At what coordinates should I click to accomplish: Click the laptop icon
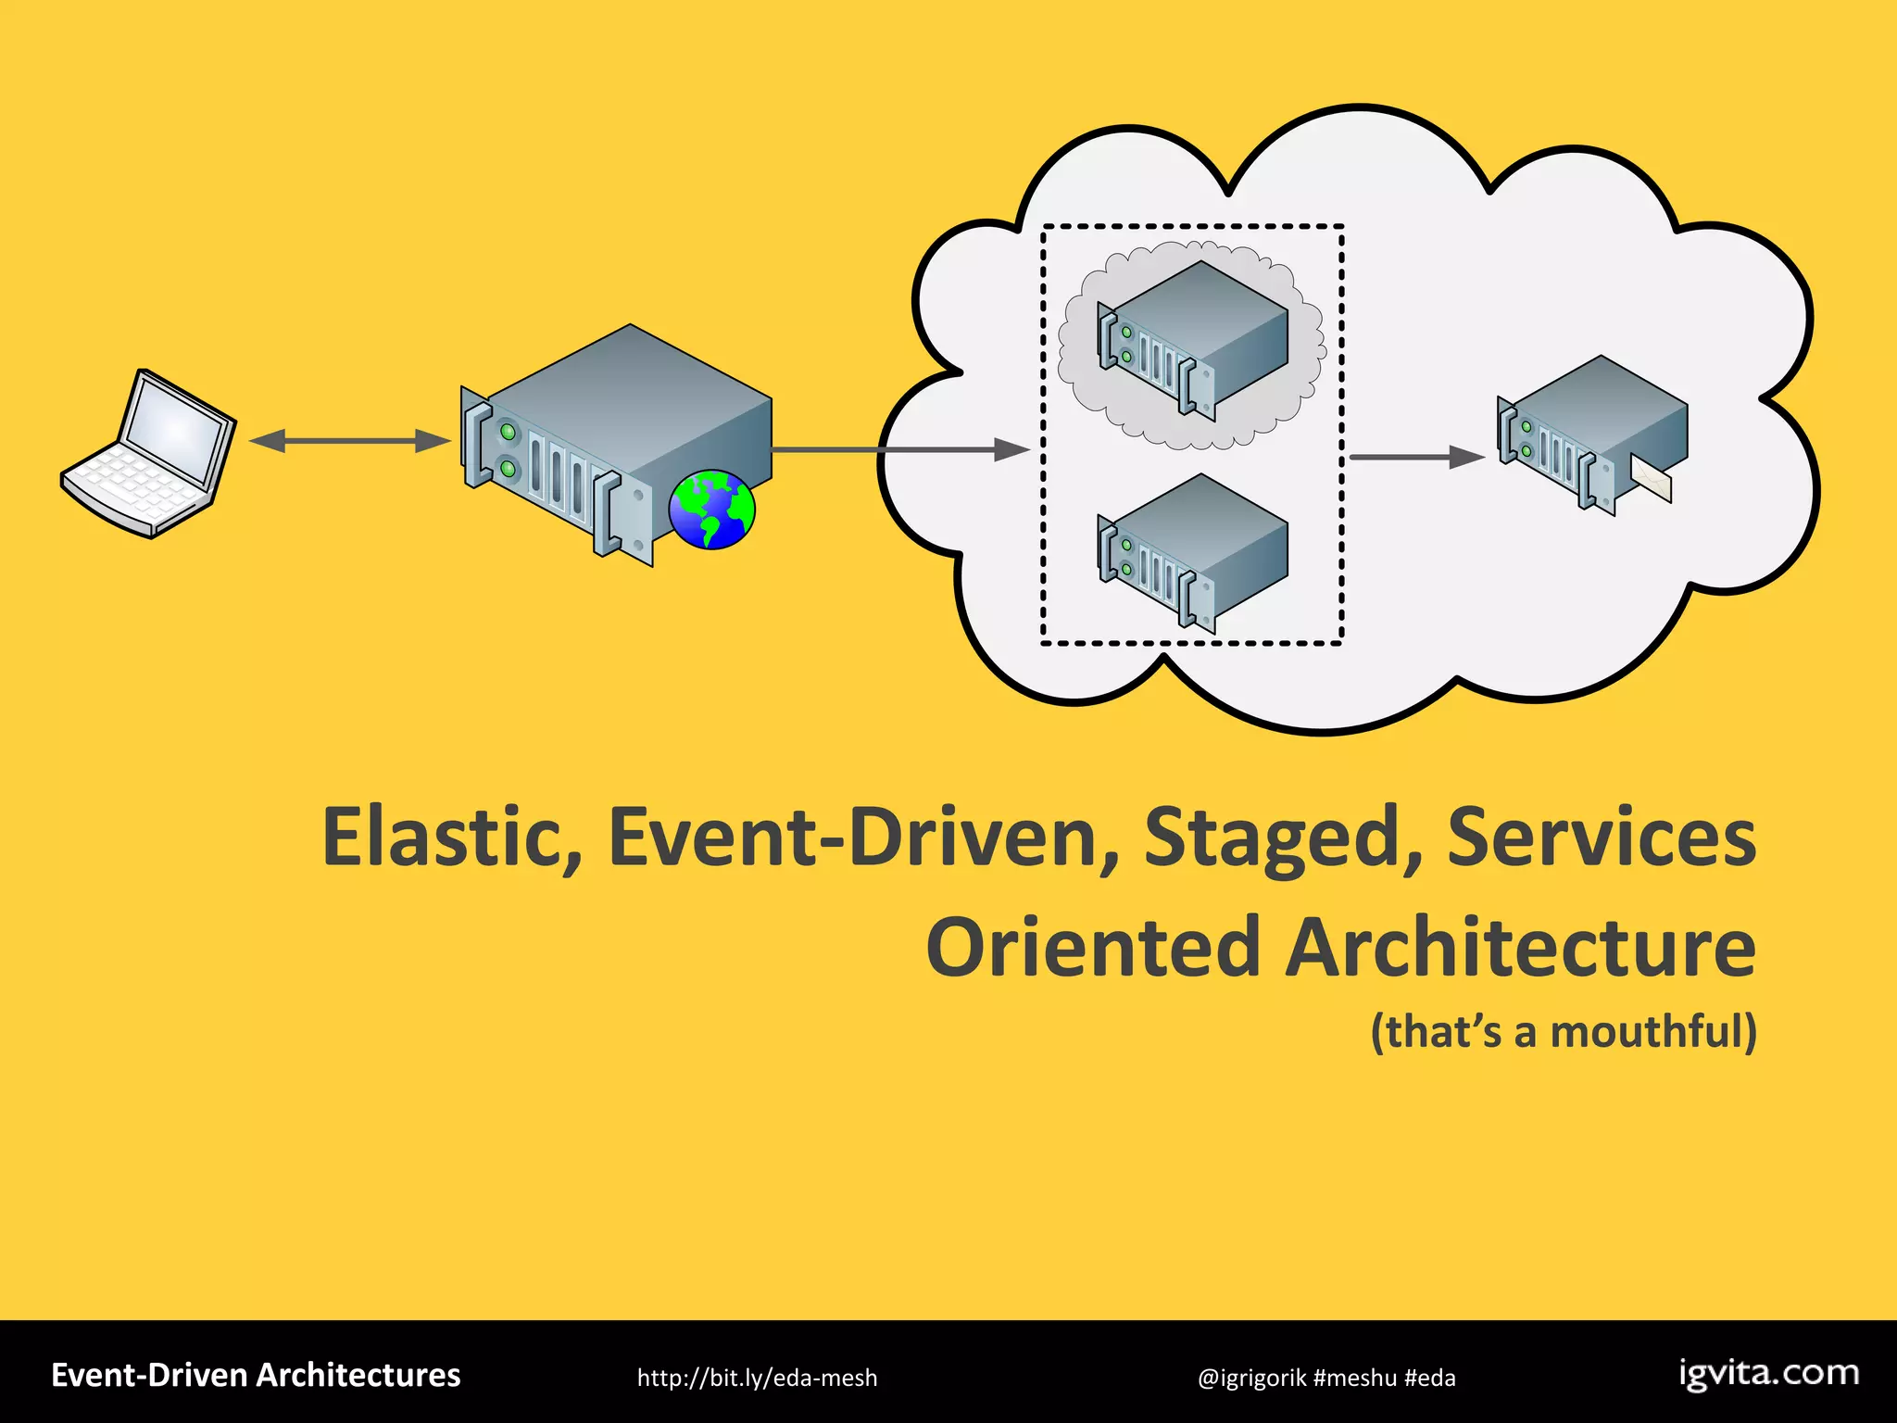[x=148, y=454]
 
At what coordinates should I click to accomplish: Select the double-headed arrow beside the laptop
[x=349, y=441]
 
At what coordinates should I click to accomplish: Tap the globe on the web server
[x=711, y=510]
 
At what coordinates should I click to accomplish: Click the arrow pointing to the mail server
[x=1417, y=457]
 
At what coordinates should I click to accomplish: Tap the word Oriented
[x=1093, y=947]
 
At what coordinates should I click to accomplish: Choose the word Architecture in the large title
[x=1519, y=947]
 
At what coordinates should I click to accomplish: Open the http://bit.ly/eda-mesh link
[x=757, y=1378]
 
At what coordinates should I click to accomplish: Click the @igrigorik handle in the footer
[x=1251, y=1378]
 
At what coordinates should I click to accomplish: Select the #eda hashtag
[x=1429, y=1378]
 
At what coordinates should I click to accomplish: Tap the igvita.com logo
[x=1768, y=1373]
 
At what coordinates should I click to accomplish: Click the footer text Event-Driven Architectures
[x=256, y=1375]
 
